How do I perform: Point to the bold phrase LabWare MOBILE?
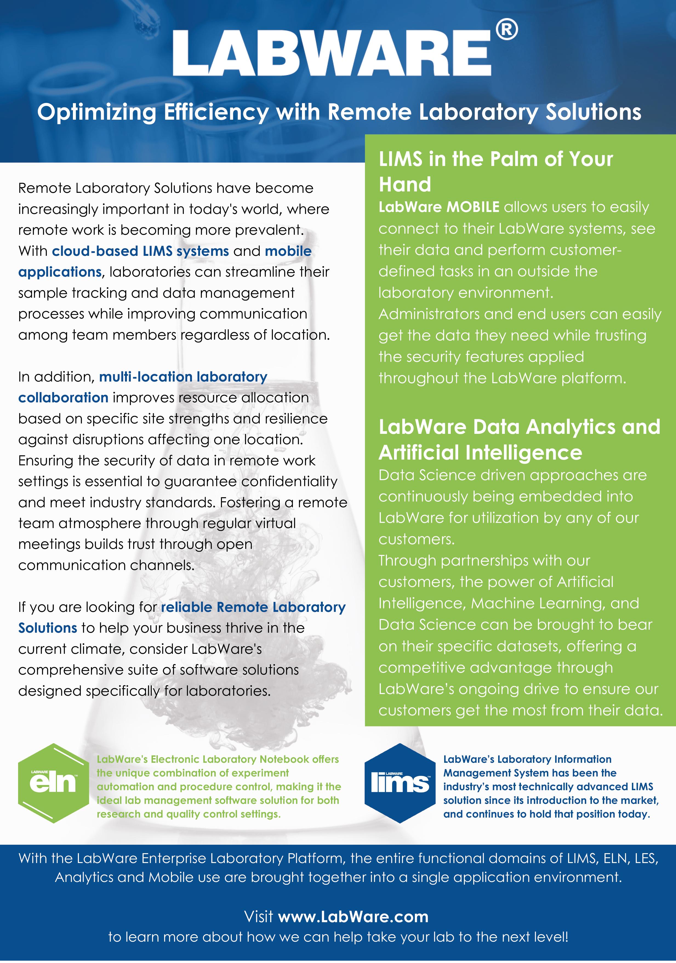(x=439, y=207)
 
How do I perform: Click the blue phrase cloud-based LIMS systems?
(x=140, y=251)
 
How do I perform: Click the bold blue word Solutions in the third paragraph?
(x=47, y=628)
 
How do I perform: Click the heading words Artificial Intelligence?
(x=480, y=452)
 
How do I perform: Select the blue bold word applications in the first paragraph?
(x=59, y=272)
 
